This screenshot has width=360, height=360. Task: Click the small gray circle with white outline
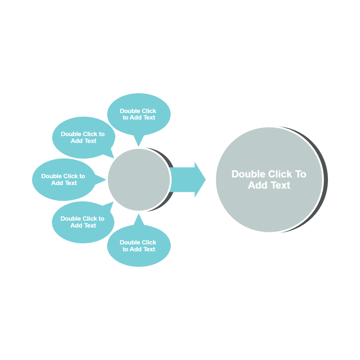[x=139, y=179]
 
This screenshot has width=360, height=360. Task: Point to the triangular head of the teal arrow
[x=199, y=180]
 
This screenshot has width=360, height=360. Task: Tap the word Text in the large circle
[x=280, y=185]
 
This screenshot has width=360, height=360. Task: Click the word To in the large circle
[x=301, y=174]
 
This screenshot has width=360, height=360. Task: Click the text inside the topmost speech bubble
[x=138, y=114]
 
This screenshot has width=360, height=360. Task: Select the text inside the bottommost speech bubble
[x=138, y=246]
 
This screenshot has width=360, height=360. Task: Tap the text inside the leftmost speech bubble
[x=63, y=179]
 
